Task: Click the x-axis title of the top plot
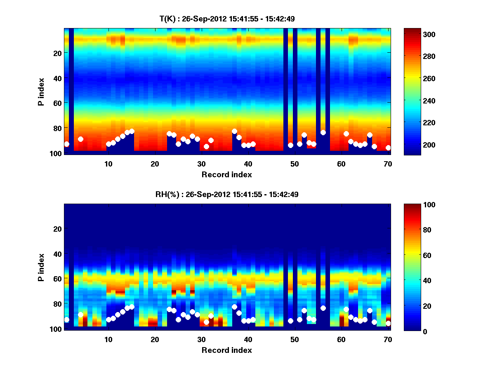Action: coord(226,174)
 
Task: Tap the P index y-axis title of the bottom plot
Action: coord(41,267)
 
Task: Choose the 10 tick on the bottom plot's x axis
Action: coord(108,339)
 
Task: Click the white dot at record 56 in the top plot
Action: coord(323,132)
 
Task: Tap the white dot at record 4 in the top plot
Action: coord(80,139)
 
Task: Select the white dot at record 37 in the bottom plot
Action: coord(234,307)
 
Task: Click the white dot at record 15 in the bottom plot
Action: coord(132,307)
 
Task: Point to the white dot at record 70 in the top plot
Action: coord(388,148)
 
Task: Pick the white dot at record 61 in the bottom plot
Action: coord(346,309)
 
